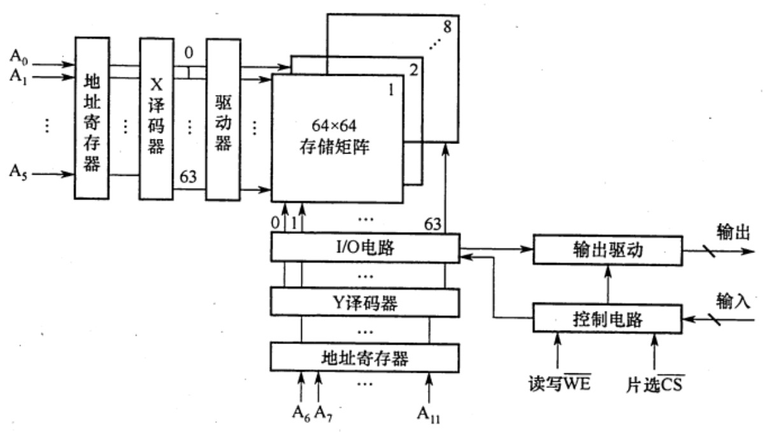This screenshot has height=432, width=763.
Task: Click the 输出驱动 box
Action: pyautogui.click(x=606, y=250)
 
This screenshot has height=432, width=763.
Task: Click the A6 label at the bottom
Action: pyautogui.click(x=302, y=412)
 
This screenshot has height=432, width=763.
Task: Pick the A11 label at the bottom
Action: pyautogui.click(x=431, y=412)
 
